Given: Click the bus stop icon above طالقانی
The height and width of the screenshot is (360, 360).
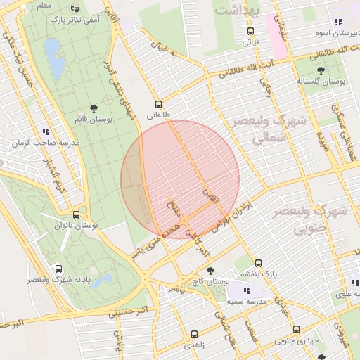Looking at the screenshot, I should coord(158,103).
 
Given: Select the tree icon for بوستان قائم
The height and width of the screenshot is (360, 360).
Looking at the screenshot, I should coord(94,108).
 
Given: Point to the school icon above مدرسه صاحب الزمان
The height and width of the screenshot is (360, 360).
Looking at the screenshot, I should coord(46,131).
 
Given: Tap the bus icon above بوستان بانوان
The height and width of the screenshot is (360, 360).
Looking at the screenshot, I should coord(76,214).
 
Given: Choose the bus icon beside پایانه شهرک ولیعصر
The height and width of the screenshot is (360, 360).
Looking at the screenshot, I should coord(58,269).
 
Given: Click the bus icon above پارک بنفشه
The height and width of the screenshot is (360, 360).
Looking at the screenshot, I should coord(258,263).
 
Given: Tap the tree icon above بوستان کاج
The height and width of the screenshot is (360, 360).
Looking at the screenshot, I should coord(210,270).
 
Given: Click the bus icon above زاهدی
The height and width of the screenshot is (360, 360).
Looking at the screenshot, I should coord(194,334).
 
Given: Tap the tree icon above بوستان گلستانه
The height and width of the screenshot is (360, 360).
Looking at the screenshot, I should coord(321,70).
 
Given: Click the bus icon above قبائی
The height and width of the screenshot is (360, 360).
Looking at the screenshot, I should coord(250,31).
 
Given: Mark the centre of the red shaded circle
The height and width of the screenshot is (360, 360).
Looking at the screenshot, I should coord(180,179).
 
